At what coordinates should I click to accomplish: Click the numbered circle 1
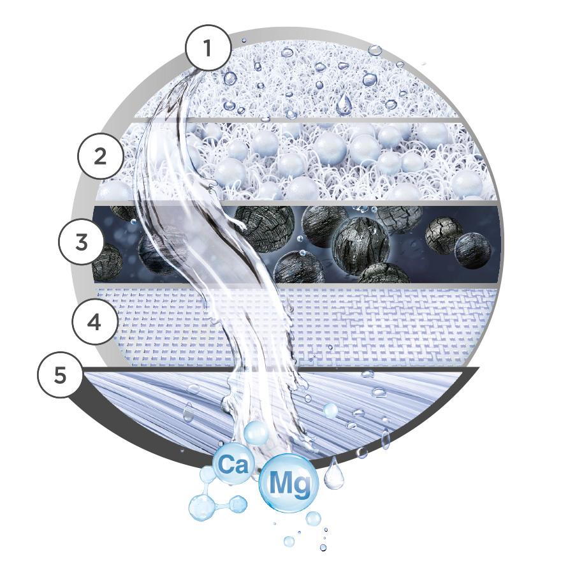(207, 47)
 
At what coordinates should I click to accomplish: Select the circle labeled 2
(100, 156)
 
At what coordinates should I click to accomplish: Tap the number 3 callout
(81, 242)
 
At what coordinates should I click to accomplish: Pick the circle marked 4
(94, 323)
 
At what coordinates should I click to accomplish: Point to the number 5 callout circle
(60, 375)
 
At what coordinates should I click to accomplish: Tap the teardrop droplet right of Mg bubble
(334, 474)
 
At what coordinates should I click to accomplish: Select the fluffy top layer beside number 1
(319, 76)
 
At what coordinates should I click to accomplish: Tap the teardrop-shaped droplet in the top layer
(344, 104)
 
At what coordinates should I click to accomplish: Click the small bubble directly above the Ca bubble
(256, 433)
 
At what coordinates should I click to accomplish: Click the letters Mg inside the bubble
(289, 485)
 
